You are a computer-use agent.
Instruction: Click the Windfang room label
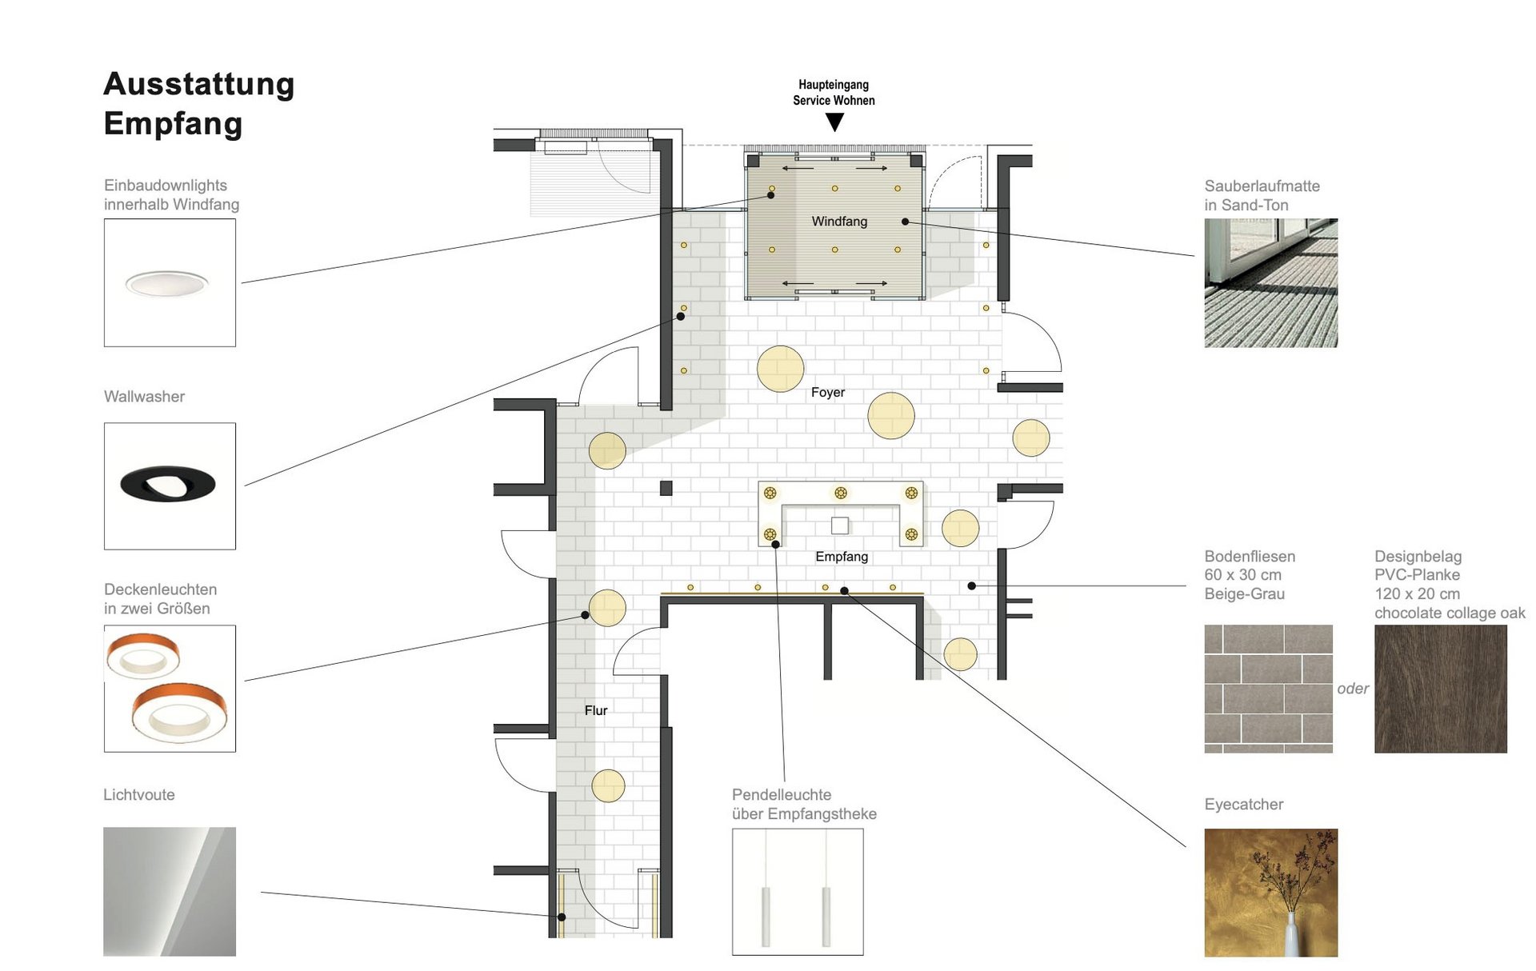click(839, 222)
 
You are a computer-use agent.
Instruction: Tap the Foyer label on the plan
click(827, 392)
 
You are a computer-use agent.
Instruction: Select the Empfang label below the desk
click(842, 557)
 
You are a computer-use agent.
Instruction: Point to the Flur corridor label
click(596, 710)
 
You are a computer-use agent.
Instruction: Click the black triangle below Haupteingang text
click(834, 122)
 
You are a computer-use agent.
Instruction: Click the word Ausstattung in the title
click(199, 85)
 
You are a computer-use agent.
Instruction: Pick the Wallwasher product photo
click(170, 485)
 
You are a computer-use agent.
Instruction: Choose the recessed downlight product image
click(170, 282)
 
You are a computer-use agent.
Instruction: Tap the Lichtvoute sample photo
click(170, 892)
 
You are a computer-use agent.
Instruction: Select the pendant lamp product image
click(798, 892)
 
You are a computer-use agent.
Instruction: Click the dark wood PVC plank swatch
click(1441, 689)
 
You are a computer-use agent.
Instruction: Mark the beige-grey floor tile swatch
click(1269, 689)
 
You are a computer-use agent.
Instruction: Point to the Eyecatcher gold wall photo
click(1271, 893)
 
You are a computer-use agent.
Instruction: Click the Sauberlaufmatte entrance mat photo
click(1271, 283)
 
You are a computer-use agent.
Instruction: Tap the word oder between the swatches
click(1353, 689)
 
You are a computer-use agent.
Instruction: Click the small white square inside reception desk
click(840, 525)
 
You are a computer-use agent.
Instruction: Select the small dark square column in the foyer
click(666, 488)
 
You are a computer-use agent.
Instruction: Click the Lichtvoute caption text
click(139, 795)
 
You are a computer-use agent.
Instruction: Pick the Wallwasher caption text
click(144, 397)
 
